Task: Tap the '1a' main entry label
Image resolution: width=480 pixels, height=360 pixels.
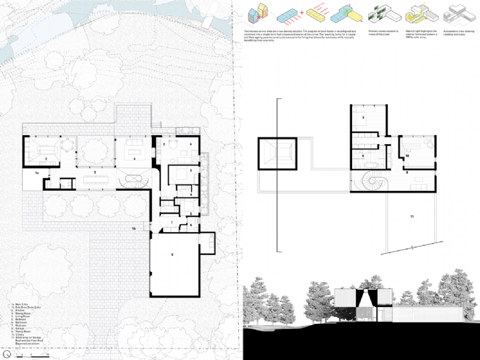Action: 37,173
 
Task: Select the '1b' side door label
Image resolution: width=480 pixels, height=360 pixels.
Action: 134,229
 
